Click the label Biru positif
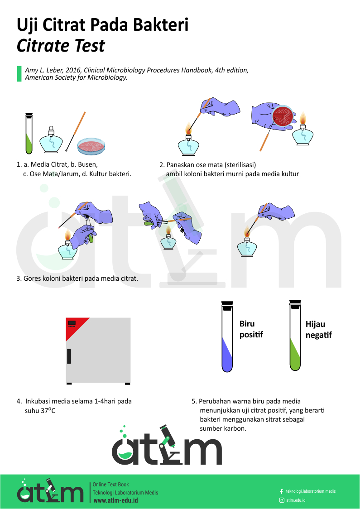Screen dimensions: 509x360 click(x=251, y=330)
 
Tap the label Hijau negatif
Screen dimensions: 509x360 click(x=318, y=330)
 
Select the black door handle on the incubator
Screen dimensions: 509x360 click(x=69, y=356)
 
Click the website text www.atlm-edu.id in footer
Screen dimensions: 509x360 click(x=115, y=500)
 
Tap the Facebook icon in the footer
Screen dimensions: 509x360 click(x=281, y=491)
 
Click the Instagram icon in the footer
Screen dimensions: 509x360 click(x=281, y=500)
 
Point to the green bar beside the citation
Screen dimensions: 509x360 click(x=19, y=74)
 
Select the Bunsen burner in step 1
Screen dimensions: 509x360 click(x=51, y=140)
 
